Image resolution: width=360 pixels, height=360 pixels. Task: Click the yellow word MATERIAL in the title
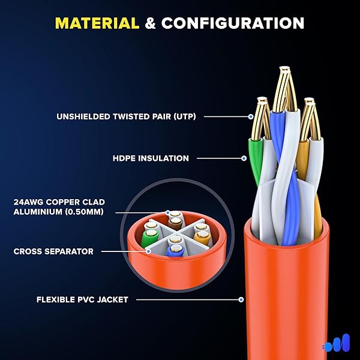(x=97, y=23)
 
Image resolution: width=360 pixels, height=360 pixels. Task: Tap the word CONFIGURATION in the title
(x=233, y=23)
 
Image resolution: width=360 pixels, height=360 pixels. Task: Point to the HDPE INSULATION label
(x=151, y=158)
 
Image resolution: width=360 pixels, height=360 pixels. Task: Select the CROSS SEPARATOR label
(x=53, y=251)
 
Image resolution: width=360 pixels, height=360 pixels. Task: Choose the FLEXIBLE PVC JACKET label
(x=82, y=299)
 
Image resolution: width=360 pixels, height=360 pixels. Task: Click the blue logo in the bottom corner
(x=337, y=344)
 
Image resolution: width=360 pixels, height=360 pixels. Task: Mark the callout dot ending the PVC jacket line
(x=241, y=299)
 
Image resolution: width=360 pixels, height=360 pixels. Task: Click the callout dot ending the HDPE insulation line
(x=244, y=158)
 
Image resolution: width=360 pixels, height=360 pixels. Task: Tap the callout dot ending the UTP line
(x=251, y=116)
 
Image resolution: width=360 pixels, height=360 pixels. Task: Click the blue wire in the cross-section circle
(x=174, y=252)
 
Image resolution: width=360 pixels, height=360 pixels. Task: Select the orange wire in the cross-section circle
(x=202, y=238)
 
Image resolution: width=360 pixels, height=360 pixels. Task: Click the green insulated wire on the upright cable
(x=255, y=159)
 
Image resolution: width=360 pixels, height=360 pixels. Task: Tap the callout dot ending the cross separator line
(x=148, y=251)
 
